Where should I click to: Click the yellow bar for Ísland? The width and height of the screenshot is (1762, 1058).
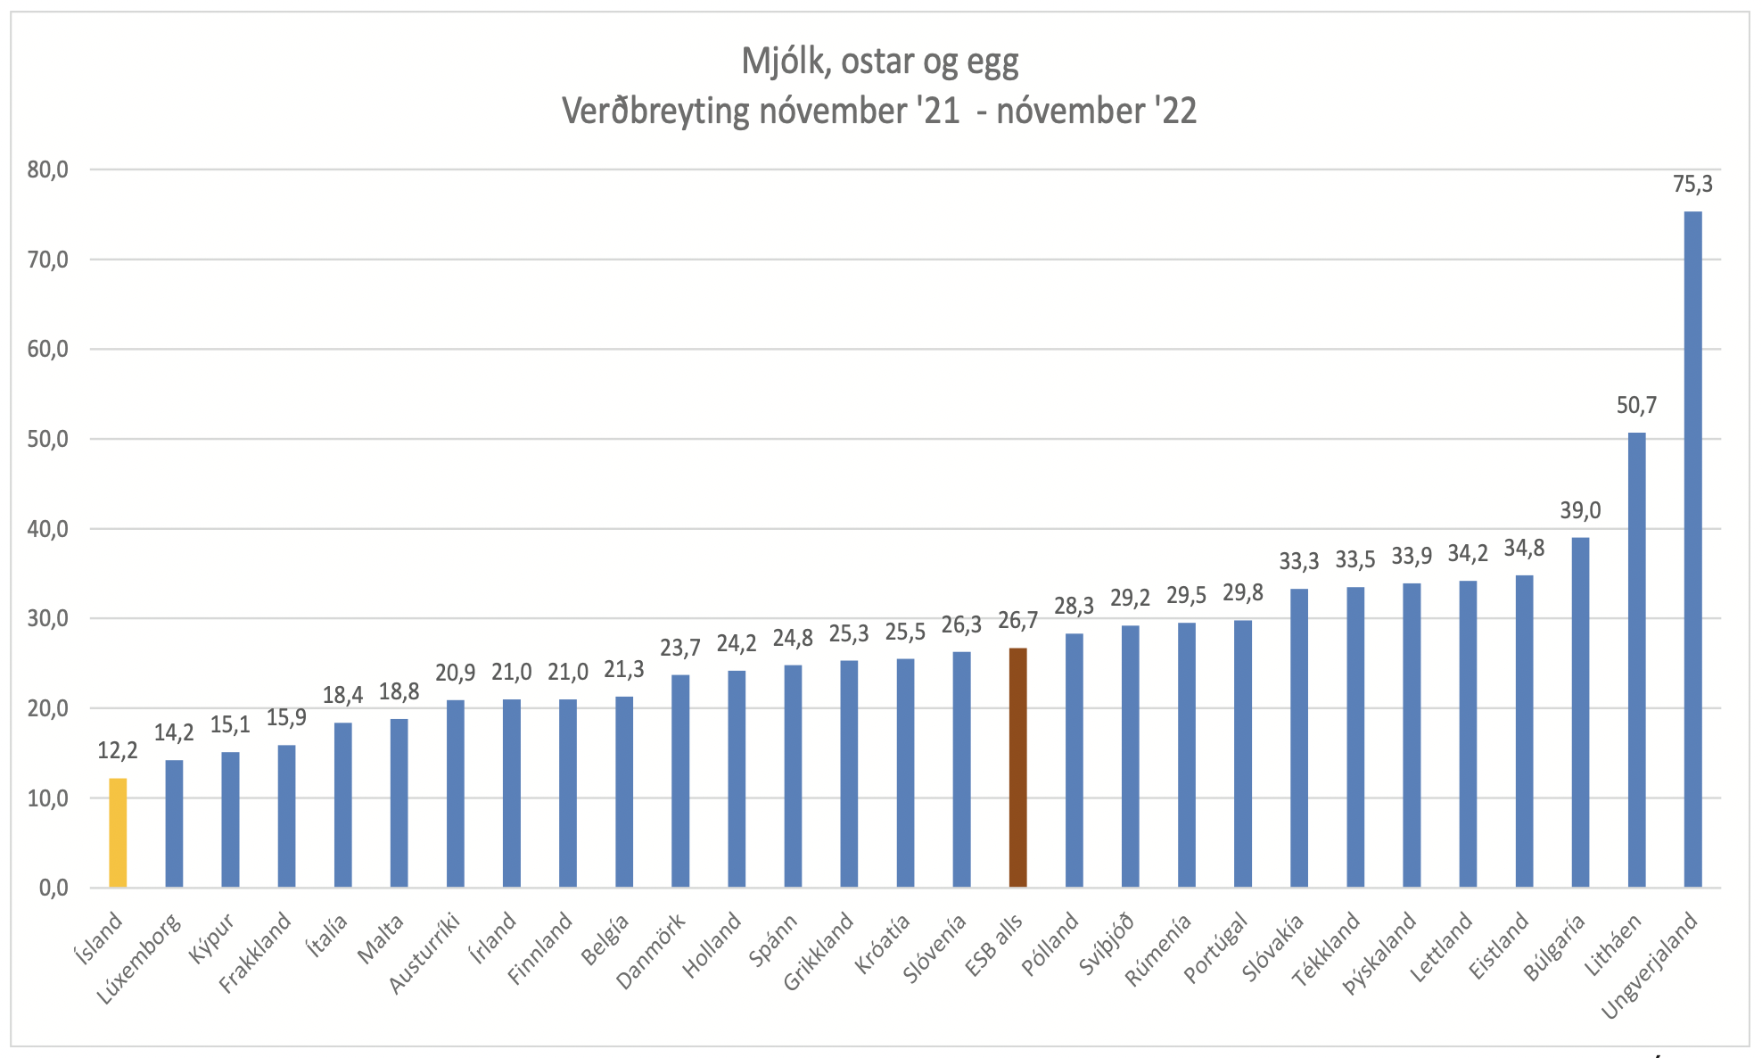[118, 832]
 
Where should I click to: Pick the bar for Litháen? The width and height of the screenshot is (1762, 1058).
[1636, 660]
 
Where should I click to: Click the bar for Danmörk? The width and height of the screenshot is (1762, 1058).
[680, 781]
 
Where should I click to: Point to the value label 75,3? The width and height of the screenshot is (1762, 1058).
[1692, 185]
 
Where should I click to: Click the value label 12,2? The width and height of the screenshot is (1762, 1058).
[118, 751]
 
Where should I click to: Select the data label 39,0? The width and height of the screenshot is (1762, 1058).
[1580, 511]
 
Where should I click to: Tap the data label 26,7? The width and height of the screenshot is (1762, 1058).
[1017, 621]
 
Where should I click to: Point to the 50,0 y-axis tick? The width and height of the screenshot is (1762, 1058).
[47, 439]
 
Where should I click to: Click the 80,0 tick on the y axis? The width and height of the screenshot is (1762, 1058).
[47, 169]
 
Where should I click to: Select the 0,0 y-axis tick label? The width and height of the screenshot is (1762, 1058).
[53, 888]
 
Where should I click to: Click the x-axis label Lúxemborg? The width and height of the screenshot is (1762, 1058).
[140, 959]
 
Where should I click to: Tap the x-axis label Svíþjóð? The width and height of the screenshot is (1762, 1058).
[1107, 944]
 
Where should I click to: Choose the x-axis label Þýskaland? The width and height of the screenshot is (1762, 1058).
[1380, 952]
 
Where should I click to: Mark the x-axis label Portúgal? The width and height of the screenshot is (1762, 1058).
[1214, 947]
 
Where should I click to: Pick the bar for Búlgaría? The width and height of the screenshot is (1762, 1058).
[1580, 712]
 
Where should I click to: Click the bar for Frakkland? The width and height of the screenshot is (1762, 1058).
[286, 815]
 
